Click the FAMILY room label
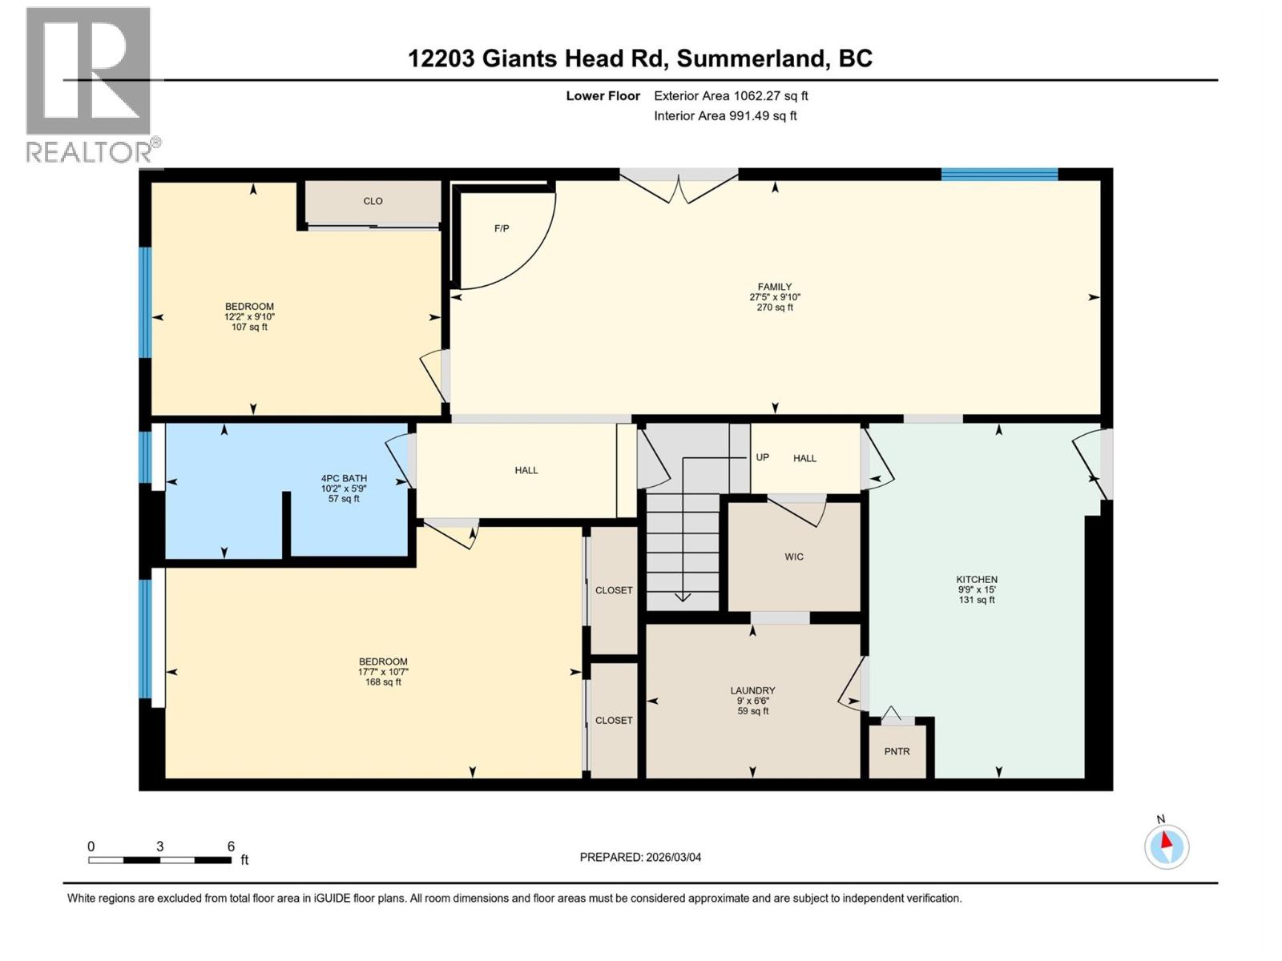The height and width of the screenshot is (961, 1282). pos(774,287)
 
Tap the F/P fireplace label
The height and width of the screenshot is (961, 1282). pos(502,229)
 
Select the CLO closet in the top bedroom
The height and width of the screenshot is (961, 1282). pos(373,201)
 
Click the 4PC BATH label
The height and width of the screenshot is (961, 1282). pos(344,478)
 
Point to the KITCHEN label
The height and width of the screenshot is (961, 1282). pos(977,579)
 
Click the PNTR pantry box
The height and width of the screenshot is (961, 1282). pos(897,751)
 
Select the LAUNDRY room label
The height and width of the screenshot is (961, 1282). pos(752,690)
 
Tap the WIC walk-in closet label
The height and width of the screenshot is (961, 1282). pos(793,557)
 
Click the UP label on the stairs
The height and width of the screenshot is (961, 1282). pos(762,457)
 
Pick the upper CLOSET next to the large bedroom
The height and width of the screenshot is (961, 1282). pos(614,590)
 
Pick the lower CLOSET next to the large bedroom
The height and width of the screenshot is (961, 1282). pos(614,720)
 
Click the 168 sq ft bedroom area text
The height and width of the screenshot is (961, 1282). pos(383,682)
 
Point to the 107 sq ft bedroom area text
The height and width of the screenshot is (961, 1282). pos(249,327)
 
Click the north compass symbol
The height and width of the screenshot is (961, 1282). pos(1166,846)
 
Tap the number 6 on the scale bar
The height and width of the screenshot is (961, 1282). pos(231,846)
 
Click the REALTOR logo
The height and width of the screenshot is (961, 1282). pos(90,84)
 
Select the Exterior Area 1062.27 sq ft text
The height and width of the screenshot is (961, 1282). pos(730,96)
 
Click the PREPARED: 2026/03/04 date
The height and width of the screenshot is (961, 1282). pos(640,857)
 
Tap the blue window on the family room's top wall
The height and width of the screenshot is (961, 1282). pos(999,175)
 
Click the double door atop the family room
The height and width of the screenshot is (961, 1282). pos(679,186)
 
